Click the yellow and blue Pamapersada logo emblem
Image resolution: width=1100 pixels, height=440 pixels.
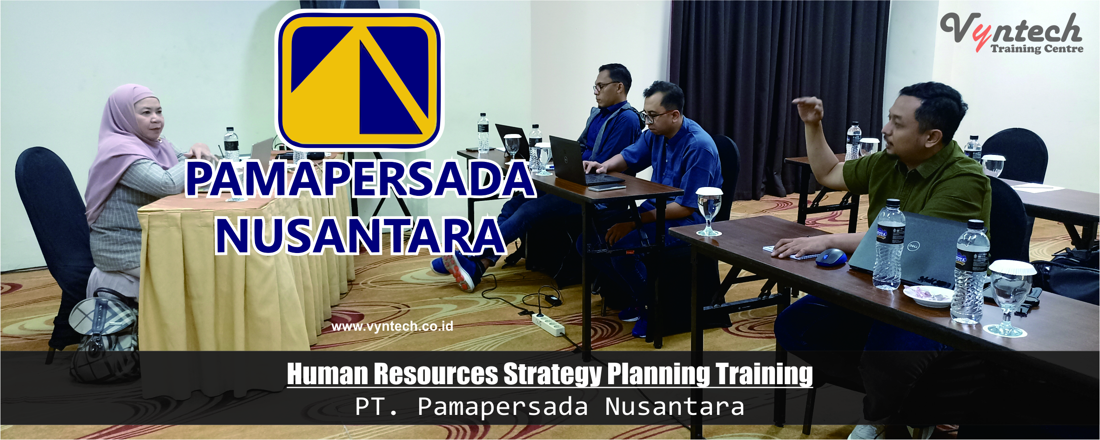(359, 80)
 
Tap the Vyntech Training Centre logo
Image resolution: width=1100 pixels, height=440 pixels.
(1013, 33)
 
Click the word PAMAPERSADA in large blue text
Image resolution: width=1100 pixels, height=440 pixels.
(361, 179)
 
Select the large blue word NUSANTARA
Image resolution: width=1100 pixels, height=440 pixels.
(361, 236)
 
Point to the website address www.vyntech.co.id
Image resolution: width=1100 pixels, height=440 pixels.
(392, 326)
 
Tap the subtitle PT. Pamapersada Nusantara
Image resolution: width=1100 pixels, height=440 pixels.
(550, 407)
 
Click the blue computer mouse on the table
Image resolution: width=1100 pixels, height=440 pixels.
(831, 257)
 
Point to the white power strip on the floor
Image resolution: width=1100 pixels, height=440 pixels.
(548, 324)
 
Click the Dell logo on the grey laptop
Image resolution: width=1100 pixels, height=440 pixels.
(912, 246)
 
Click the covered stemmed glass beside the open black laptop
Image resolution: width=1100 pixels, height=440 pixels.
(543, 159)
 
